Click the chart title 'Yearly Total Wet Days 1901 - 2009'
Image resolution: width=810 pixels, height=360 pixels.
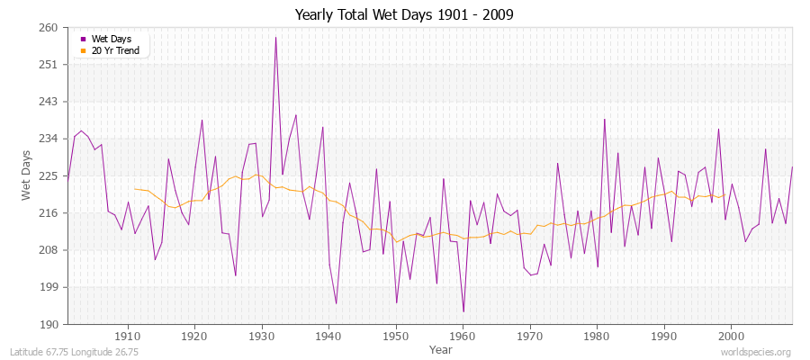tap(404, 16)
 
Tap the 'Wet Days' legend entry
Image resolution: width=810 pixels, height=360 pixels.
tap(111, 39)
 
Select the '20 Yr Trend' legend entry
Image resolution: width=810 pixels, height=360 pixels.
tap(114, 50)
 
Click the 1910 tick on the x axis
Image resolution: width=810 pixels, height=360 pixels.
tap(127, 337)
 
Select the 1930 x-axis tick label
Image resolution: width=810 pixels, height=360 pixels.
tap(261, 337)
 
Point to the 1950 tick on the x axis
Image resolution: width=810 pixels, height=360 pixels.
tap(395, 337)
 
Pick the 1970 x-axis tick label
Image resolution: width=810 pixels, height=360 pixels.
tap(530, 337)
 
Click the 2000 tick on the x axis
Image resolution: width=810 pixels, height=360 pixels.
tap(731, 337)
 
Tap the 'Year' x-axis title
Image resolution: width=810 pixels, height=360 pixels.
tap(441, 349)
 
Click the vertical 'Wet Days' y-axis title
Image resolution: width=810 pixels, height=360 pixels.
tap(27, 175)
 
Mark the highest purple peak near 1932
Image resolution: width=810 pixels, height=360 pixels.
tap(275, 37)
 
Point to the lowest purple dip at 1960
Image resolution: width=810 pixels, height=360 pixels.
tap(463, 311)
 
